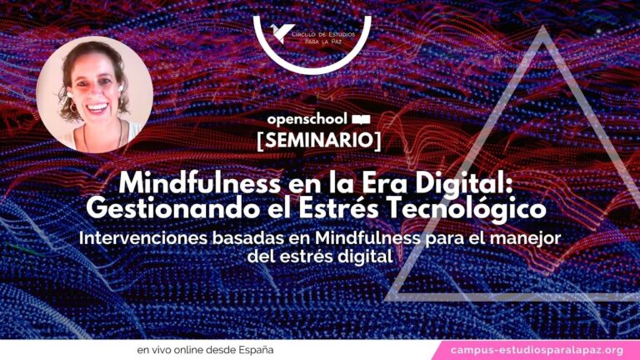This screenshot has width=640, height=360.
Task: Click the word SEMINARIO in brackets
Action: pos(319,140)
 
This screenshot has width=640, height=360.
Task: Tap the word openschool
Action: pos(307,120)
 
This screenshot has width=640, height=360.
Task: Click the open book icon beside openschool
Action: pos(361,120)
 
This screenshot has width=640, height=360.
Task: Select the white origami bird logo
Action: pos(282,32)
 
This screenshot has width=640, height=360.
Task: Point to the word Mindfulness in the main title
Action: pos(200,183)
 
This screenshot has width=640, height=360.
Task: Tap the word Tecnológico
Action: pos(467,209)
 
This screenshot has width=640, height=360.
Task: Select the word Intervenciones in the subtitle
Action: pos(143,238)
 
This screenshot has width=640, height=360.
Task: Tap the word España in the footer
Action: pos(256,350)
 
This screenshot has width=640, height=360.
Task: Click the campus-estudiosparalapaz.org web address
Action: pos(537,350)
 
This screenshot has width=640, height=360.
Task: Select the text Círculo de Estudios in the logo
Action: pos(323,34)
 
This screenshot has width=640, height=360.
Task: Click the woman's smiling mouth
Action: pos(97,107)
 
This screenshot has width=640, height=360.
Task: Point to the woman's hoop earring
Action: pos(72,108)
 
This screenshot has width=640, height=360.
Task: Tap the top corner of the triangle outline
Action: pos(542,26)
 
